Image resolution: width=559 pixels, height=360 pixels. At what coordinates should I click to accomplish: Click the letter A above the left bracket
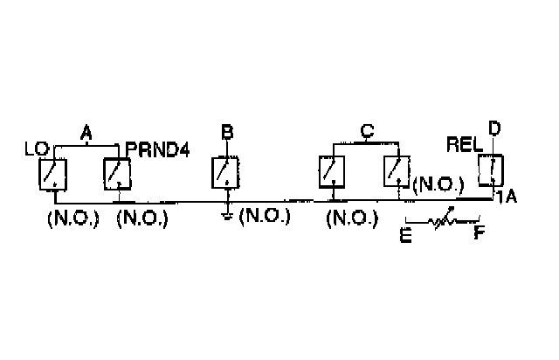coord(86,133)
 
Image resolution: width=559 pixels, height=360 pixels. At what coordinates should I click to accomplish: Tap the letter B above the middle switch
coord(227,133)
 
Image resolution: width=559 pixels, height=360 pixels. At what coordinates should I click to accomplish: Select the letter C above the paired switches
coord(368,132)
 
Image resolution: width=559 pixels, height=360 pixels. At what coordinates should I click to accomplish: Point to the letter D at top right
coord(493,129)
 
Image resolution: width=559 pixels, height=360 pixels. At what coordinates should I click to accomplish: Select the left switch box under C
coord(332,170)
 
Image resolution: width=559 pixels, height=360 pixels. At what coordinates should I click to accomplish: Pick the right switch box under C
coord(397,170)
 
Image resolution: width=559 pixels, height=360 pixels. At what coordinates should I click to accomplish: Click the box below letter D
coord(493,169)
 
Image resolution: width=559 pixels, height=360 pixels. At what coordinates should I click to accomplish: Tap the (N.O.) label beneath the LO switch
coord(66,218)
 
